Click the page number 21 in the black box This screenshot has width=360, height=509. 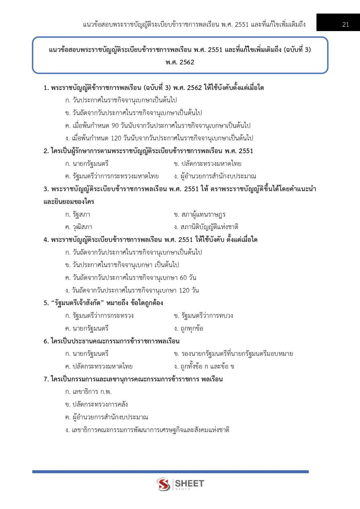click(346, 24)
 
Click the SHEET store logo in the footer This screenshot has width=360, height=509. click(180, 484)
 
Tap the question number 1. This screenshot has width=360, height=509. click(46, 88)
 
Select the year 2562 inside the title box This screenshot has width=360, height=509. click(186, 62)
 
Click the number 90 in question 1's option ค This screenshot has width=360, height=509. click(115, 126)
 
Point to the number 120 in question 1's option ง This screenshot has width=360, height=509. click(116, 138)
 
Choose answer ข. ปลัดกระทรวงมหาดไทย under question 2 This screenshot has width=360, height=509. click(207, 164)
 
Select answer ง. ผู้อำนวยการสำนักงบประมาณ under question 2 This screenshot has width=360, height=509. click(215, 176)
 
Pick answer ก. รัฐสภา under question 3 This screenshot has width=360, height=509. click(78, 214)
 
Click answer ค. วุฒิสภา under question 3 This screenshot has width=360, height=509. click(79, 227)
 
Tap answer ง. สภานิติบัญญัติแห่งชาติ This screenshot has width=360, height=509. click(206, 227)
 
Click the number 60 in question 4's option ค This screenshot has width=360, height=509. click(183, 278)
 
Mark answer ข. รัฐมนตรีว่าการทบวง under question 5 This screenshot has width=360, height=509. click(203, 316)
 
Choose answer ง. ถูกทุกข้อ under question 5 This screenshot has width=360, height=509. click(188, 328)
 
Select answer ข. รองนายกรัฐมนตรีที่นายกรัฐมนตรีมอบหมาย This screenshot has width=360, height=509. click(233, 354)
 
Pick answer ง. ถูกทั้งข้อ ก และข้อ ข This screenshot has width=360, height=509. click(204, 367)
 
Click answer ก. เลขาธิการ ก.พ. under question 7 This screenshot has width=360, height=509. click(88, 392)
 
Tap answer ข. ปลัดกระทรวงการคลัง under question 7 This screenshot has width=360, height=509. click(97, 404)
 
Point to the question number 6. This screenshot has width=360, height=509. click(46, 341)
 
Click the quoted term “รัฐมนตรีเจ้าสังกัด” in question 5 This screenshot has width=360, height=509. click(77, 303)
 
